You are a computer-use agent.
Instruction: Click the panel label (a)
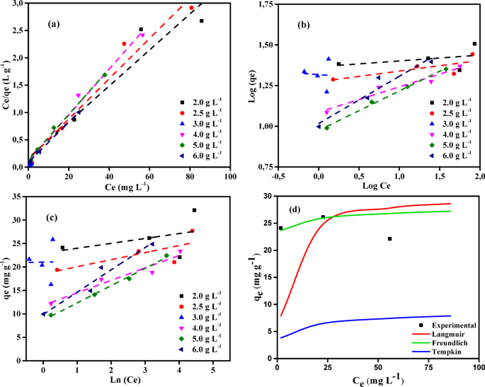(x=52, y=23)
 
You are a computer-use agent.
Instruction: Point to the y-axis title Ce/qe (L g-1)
(x=8, y=85)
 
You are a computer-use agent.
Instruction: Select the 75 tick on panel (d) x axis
(x=427, y=368)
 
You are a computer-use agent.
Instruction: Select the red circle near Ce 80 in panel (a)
(x=191, y=8)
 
